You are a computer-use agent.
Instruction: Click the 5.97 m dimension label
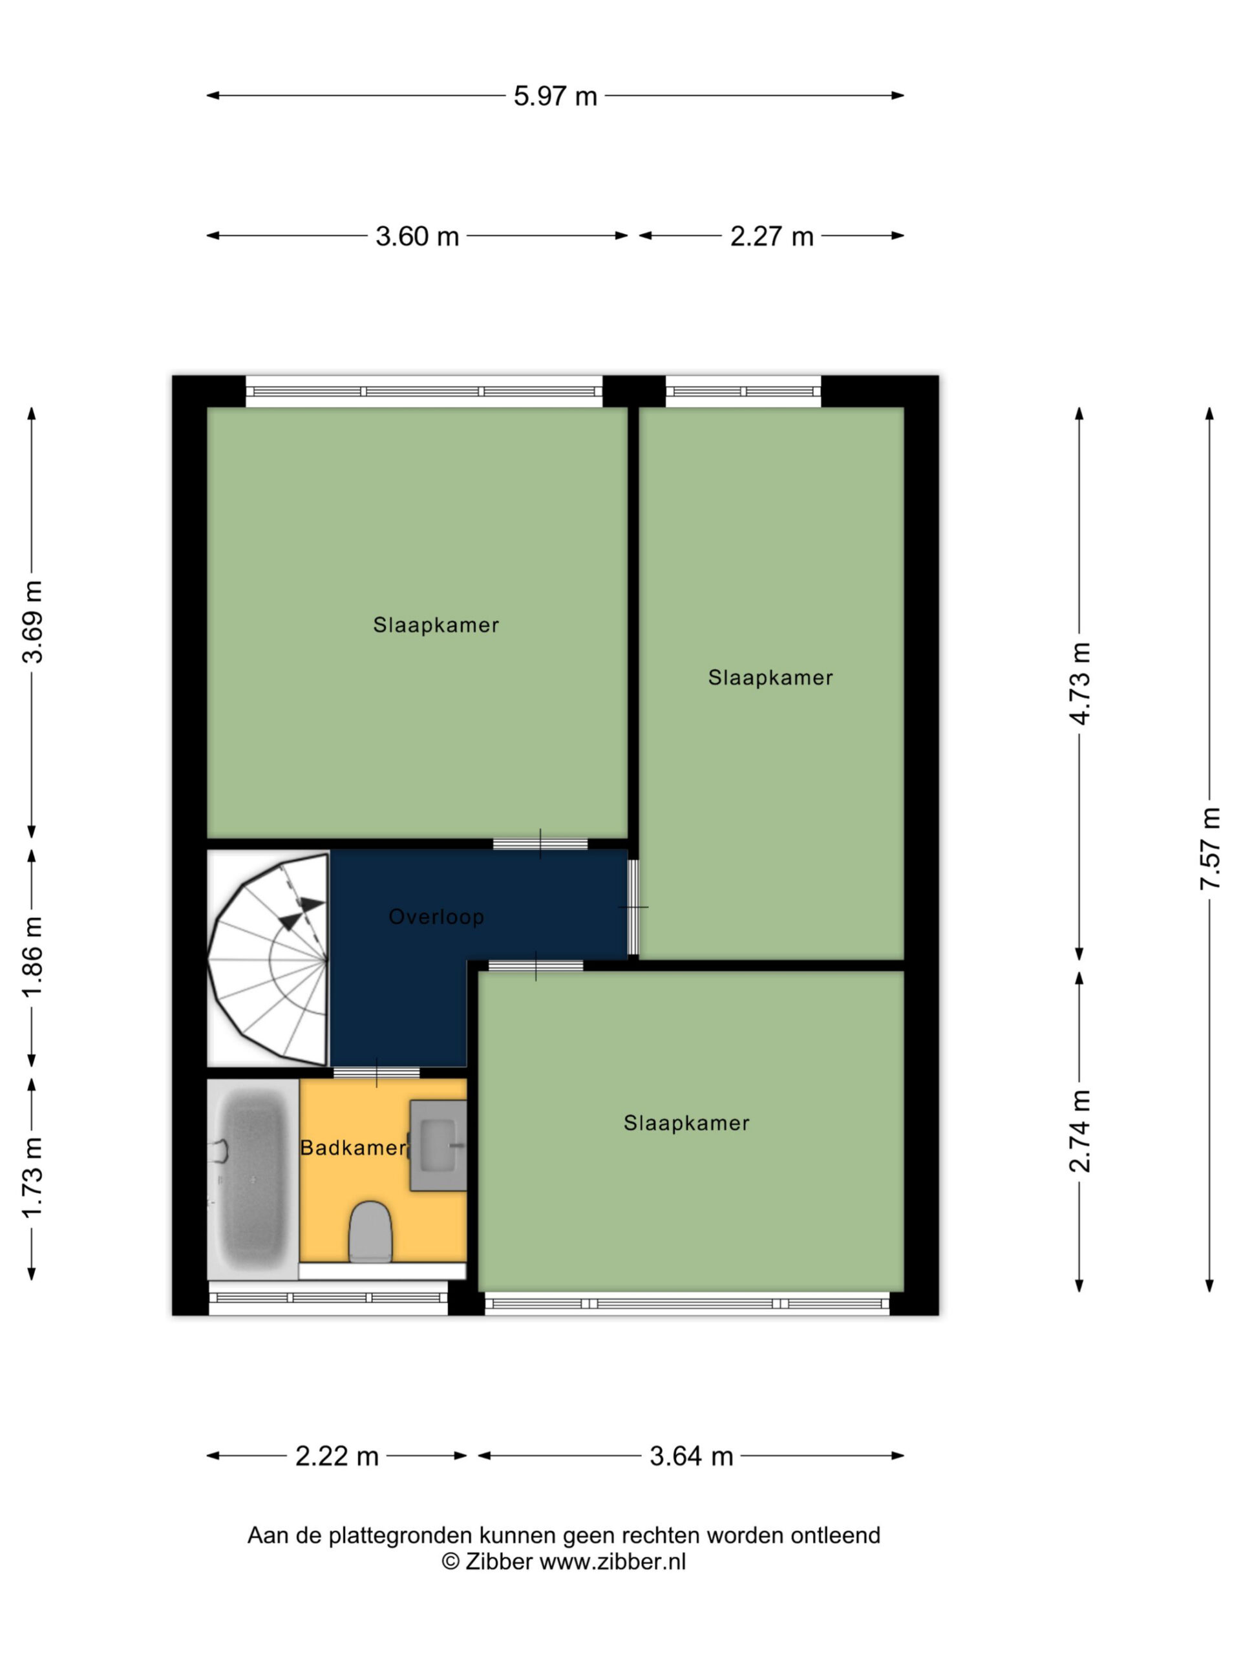555,96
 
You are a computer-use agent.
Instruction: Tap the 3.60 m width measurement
417,237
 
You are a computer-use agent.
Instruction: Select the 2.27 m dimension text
771,237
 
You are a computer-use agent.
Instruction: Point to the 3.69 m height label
33,622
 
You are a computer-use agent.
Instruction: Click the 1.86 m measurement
33,957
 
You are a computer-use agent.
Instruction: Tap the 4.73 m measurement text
1080,683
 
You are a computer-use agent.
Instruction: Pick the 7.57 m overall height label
1211,848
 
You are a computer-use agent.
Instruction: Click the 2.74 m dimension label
1080,1131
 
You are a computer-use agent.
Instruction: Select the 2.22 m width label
337,1456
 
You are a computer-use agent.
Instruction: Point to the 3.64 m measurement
691,1456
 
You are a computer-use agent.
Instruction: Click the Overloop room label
437,917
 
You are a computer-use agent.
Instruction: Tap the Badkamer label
353,1148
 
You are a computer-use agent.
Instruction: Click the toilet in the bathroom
371,1232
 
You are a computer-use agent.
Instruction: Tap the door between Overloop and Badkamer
376,1072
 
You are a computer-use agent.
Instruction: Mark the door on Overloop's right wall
633,907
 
